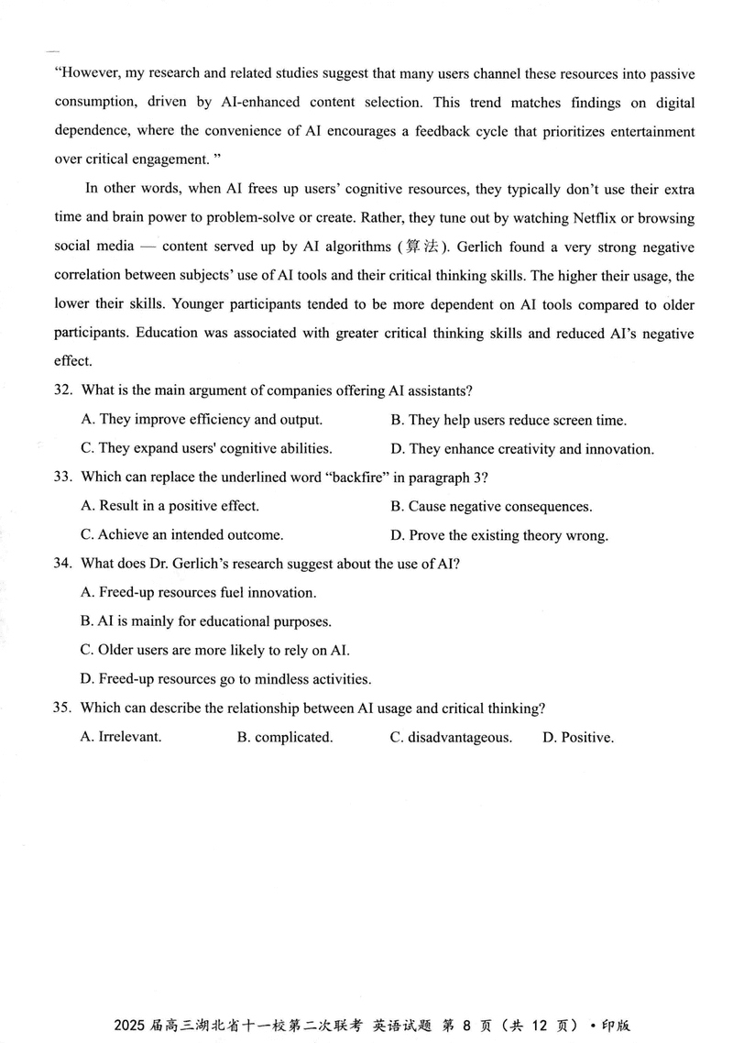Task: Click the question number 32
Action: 62,390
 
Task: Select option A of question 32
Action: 201,420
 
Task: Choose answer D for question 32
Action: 522,449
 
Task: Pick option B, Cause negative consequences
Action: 491,506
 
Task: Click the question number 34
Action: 62,563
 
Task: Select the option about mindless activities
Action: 225,679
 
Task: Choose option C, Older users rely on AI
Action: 214,650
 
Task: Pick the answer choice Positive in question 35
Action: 577,737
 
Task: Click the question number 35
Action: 62,708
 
